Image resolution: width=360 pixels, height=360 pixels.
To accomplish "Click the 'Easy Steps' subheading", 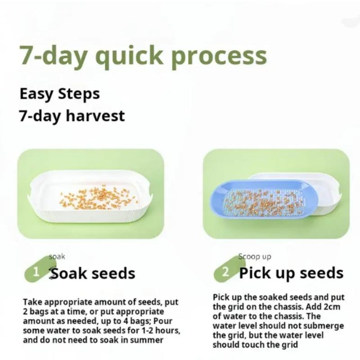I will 59,94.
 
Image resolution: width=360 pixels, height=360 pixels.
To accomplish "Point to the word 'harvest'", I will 96,116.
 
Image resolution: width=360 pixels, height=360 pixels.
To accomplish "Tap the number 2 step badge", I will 225,272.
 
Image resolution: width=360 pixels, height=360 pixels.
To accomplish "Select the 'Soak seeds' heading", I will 93,273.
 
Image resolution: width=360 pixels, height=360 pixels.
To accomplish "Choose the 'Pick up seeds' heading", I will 291,273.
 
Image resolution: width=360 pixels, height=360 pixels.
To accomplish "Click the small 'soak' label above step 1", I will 57,256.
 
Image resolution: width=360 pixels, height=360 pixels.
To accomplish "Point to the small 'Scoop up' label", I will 255,256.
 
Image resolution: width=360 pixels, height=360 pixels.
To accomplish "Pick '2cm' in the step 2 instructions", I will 334,306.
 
